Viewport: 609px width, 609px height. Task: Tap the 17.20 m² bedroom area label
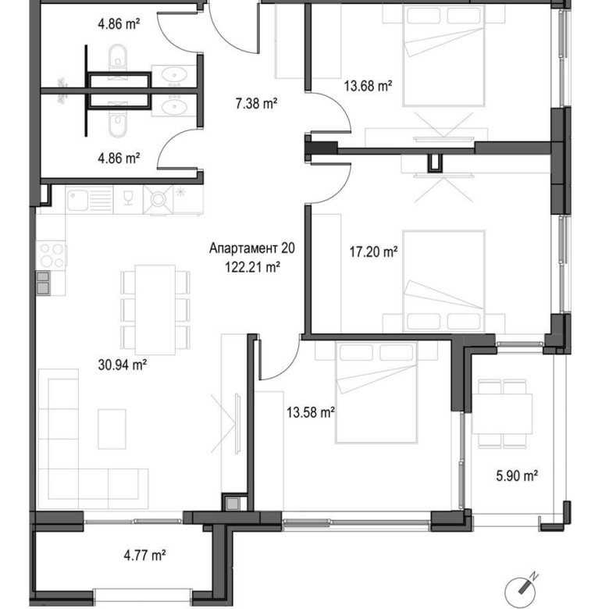pos(373,252)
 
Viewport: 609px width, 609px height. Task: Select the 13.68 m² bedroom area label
pos(367,87)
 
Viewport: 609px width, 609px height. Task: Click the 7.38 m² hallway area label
pos(258,102)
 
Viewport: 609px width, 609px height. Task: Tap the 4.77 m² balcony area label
pos(144,556)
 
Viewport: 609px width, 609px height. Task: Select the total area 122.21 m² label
pos(251,266)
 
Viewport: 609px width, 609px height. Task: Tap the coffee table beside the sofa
pos(112,429)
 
